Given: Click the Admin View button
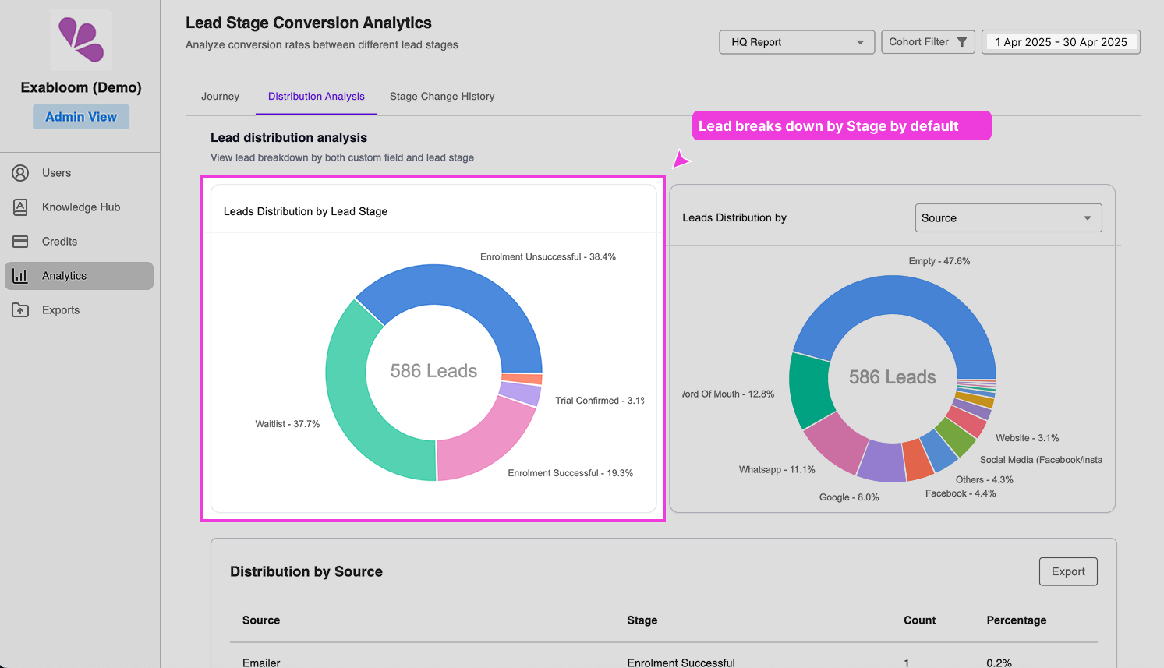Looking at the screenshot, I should tap(81, 117).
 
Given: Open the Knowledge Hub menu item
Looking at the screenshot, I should tap(80, 207).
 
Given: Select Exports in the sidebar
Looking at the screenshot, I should tap(61, 310).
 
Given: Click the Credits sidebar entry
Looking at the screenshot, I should tap(59, 242).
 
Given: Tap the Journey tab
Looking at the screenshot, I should tap(220, 97).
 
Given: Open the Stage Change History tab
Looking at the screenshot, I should tap(442, 97).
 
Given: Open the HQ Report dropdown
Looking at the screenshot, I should tap(796, 42).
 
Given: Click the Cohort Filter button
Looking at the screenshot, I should tap(927, 42).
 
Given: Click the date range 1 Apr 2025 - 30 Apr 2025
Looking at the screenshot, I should tap(1060, 42).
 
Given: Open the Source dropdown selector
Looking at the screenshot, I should tap(1007, 218).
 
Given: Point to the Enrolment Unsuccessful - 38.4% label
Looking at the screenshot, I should tap(547, 257).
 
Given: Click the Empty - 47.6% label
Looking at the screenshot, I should tap(939, 261).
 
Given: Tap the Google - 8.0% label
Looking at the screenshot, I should tap(848, 497).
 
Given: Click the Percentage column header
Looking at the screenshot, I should tap(1016, 620).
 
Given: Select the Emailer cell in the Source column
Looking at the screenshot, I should tap(261, 663).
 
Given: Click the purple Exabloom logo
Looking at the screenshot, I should tap(81, 40).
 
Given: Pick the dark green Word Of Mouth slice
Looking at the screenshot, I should tap(811, 390).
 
